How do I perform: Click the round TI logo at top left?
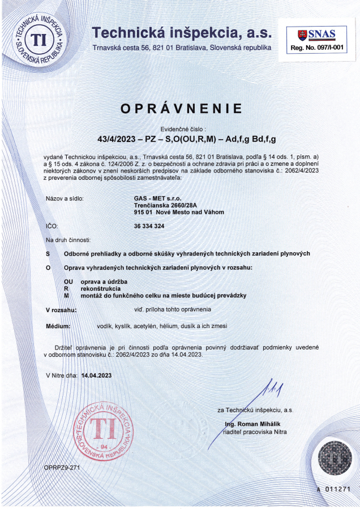click(38, 38)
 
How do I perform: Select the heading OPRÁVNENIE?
click(181, 109)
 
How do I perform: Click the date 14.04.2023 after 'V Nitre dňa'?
click(97, 375)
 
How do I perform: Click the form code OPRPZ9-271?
click(62, 468)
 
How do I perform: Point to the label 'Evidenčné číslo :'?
click(181, 130)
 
